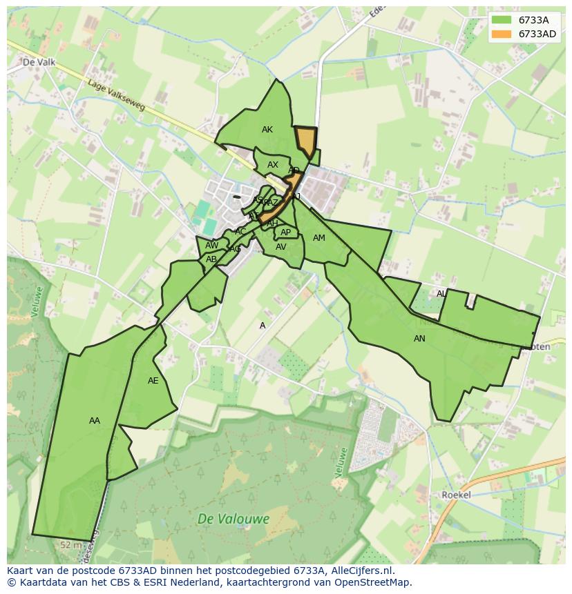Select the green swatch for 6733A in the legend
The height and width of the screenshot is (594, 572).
tap(502, 20)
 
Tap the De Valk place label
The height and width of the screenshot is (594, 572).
tap(39, 62)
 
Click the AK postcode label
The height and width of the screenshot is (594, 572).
tap(267, 130)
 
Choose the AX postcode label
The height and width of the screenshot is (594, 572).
tap(273, 165)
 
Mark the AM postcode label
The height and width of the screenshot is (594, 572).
tap(318, 238)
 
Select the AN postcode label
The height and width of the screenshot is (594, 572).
tap(419, 339)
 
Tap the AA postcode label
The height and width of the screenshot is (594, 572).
tap(95, 420)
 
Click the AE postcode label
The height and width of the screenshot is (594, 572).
tap(153, 381)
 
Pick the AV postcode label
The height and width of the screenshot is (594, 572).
tap(281, 247)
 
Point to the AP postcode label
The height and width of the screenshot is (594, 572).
tap(285, 232)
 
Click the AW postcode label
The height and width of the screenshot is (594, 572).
tap(212, 246)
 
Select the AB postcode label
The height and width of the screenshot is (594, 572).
tap(211, 259)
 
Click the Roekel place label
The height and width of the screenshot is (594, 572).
tap(456, 495)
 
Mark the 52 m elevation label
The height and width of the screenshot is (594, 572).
tap(70, 545)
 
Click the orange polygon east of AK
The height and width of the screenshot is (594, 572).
tap(305, 141)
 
